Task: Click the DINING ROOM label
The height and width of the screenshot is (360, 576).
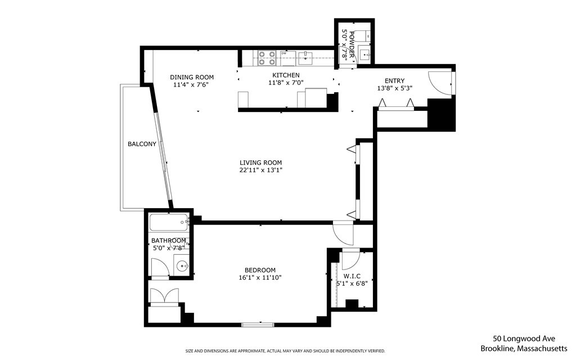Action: tap(192, 78)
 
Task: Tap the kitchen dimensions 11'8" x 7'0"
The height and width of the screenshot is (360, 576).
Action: tap(286, 84)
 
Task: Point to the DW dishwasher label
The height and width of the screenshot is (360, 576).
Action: tap(283, 53)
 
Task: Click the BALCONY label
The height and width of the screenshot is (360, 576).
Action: tap(142, 144)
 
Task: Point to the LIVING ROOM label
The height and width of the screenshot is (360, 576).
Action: tap(260, 163)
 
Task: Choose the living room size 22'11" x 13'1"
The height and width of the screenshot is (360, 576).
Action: tap(260, 170)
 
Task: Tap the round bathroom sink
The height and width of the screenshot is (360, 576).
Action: tap(182, 266)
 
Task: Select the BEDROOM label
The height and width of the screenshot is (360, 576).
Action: tap(260, 269)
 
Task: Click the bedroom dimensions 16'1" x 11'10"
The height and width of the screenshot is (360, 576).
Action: tap(260, 277)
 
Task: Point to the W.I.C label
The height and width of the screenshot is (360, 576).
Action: tap(352, 276)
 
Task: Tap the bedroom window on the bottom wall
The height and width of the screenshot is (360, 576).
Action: tap(258, 324)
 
